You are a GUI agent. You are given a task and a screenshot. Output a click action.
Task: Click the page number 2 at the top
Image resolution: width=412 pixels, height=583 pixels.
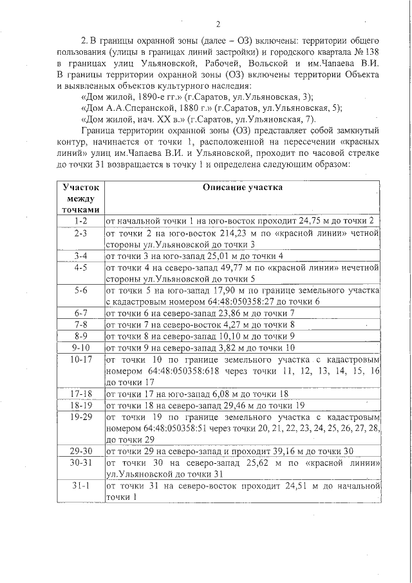tap(218, 25)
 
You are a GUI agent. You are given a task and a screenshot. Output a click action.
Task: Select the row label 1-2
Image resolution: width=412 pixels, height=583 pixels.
tap(80, 221)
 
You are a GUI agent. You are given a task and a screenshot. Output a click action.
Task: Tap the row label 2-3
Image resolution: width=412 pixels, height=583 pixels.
tap(80, 233)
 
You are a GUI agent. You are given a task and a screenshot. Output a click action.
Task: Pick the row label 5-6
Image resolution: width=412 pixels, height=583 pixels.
tap(80, 290)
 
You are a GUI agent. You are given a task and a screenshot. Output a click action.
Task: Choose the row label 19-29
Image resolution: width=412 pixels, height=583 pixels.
tap(80, 417)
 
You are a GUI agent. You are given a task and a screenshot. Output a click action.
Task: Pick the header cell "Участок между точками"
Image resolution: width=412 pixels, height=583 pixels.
tap(80, 198)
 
